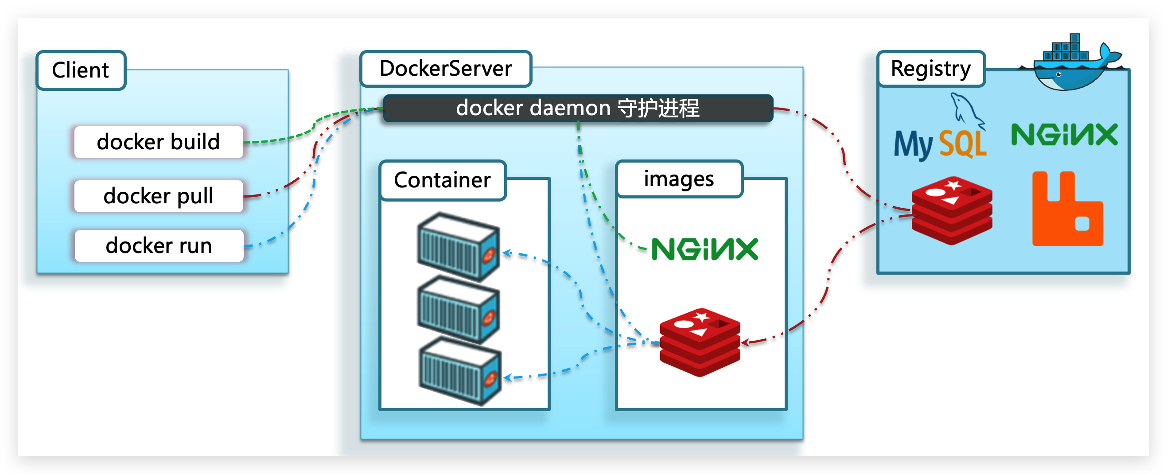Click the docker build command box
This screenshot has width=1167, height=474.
click(x=159, y=142)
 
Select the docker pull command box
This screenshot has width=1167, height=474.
click(x=159, y=196)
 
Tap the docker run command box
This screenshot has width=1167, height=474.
click(x=159, y=245)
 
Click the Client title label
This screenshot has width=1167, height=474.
click(x=81, y=70)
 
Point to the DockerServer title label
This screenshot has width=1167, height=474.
click(x=445, y=68)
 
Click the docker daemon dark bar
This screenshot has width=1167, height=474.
click(x=578, y=108)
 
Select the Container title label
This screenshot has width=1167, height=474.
click(x=442, y=180)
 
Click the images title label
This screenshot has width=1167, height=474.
click(x=679, y=179)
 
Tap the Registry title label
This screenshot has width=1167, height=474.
click(x=930, y=69)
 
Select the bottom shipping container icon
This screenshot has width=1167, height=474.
click(x=460, y=372)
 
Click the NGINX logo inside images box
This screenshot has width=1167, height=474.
click(x=704, y=249)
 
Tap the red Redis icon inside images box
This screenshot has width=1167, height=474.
click(x=700, y=342)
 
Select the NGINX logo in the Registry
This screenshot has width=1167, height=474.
click(x=1064, y=135)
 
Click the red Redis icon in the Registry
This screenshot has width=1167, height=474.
click(x=952, y=210)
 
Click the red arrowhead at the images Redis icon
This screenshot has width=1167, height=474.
click(x=745, y=342)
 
